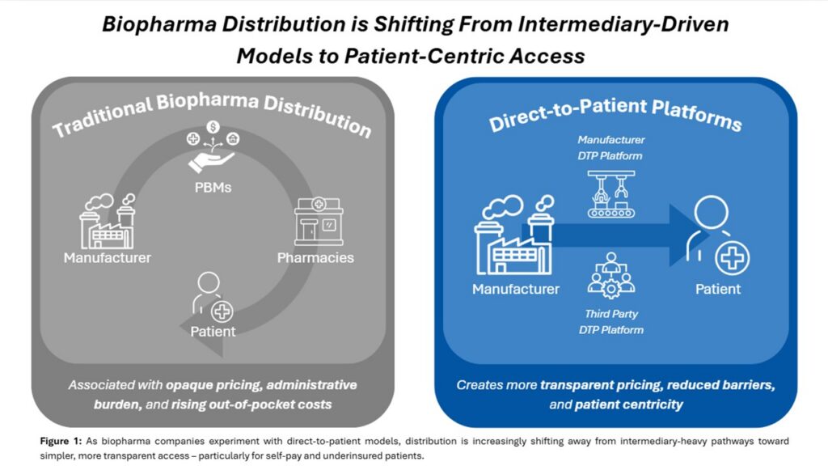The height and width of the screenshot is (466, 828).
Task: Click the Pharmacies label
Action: (315, 258)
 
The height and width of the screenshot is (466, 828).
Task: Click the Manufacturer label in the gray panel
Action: (108, 258)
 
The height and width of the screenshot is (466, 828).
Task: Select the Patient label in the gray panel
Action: (213, 331)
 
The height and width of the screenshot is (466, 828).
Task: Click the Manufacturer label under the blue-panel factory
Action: (516, 289)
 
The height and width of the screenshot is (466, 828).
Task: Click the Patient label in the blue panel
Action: (718, 289)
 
